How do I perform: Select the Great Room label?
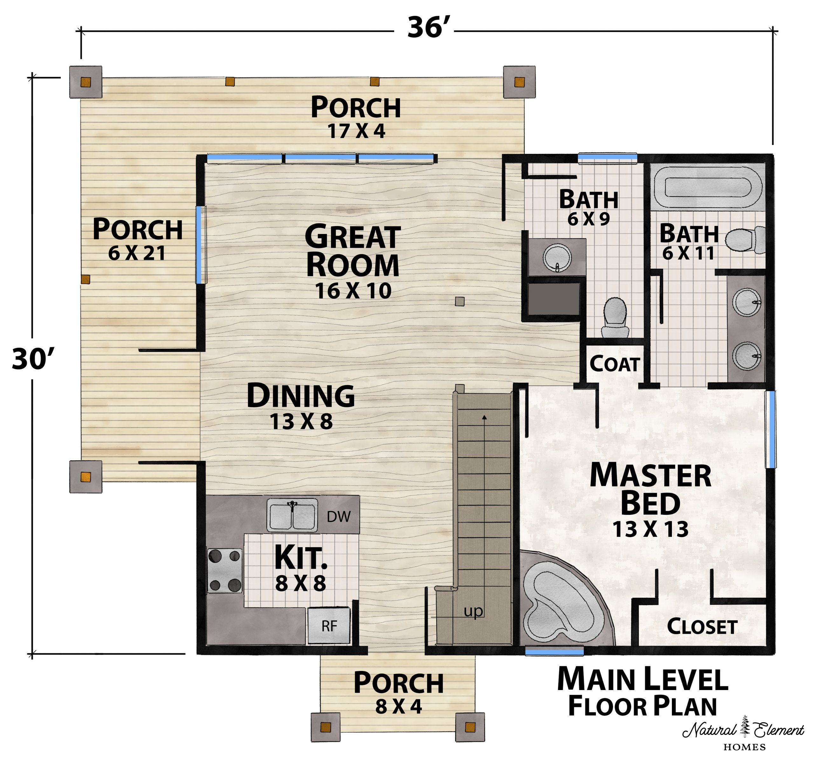click(353, 250)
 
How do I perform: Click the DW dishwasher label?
click(339, 517)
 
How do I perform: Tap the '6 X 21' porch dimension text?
click(137, 253)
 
